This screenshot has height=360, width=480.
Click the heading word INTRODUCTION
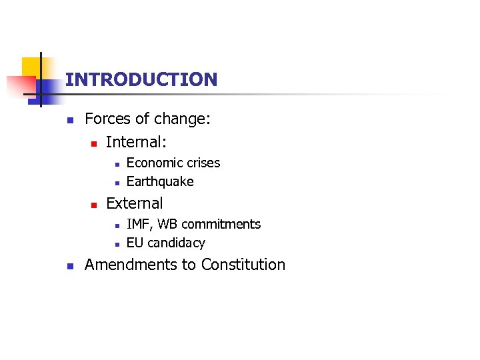(141, 80)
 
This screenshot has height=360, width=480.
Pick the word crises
(203, 163)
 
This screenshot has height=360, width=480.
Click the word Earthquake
(160, 181)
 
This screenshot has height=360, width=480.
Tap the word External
(134, 203)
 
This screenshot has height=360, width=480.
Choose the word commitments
(221, 224)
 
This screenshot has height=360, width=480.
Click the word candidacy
(176, 243)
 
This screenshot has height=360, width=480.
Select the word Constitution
(243, 265)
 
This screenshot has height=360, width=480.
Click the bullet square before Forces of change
(69, 121)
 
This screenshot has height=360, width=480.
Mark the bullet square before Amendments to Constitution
(69, 265)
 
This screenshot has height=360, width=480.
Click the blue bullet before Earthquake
(115, 183)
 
